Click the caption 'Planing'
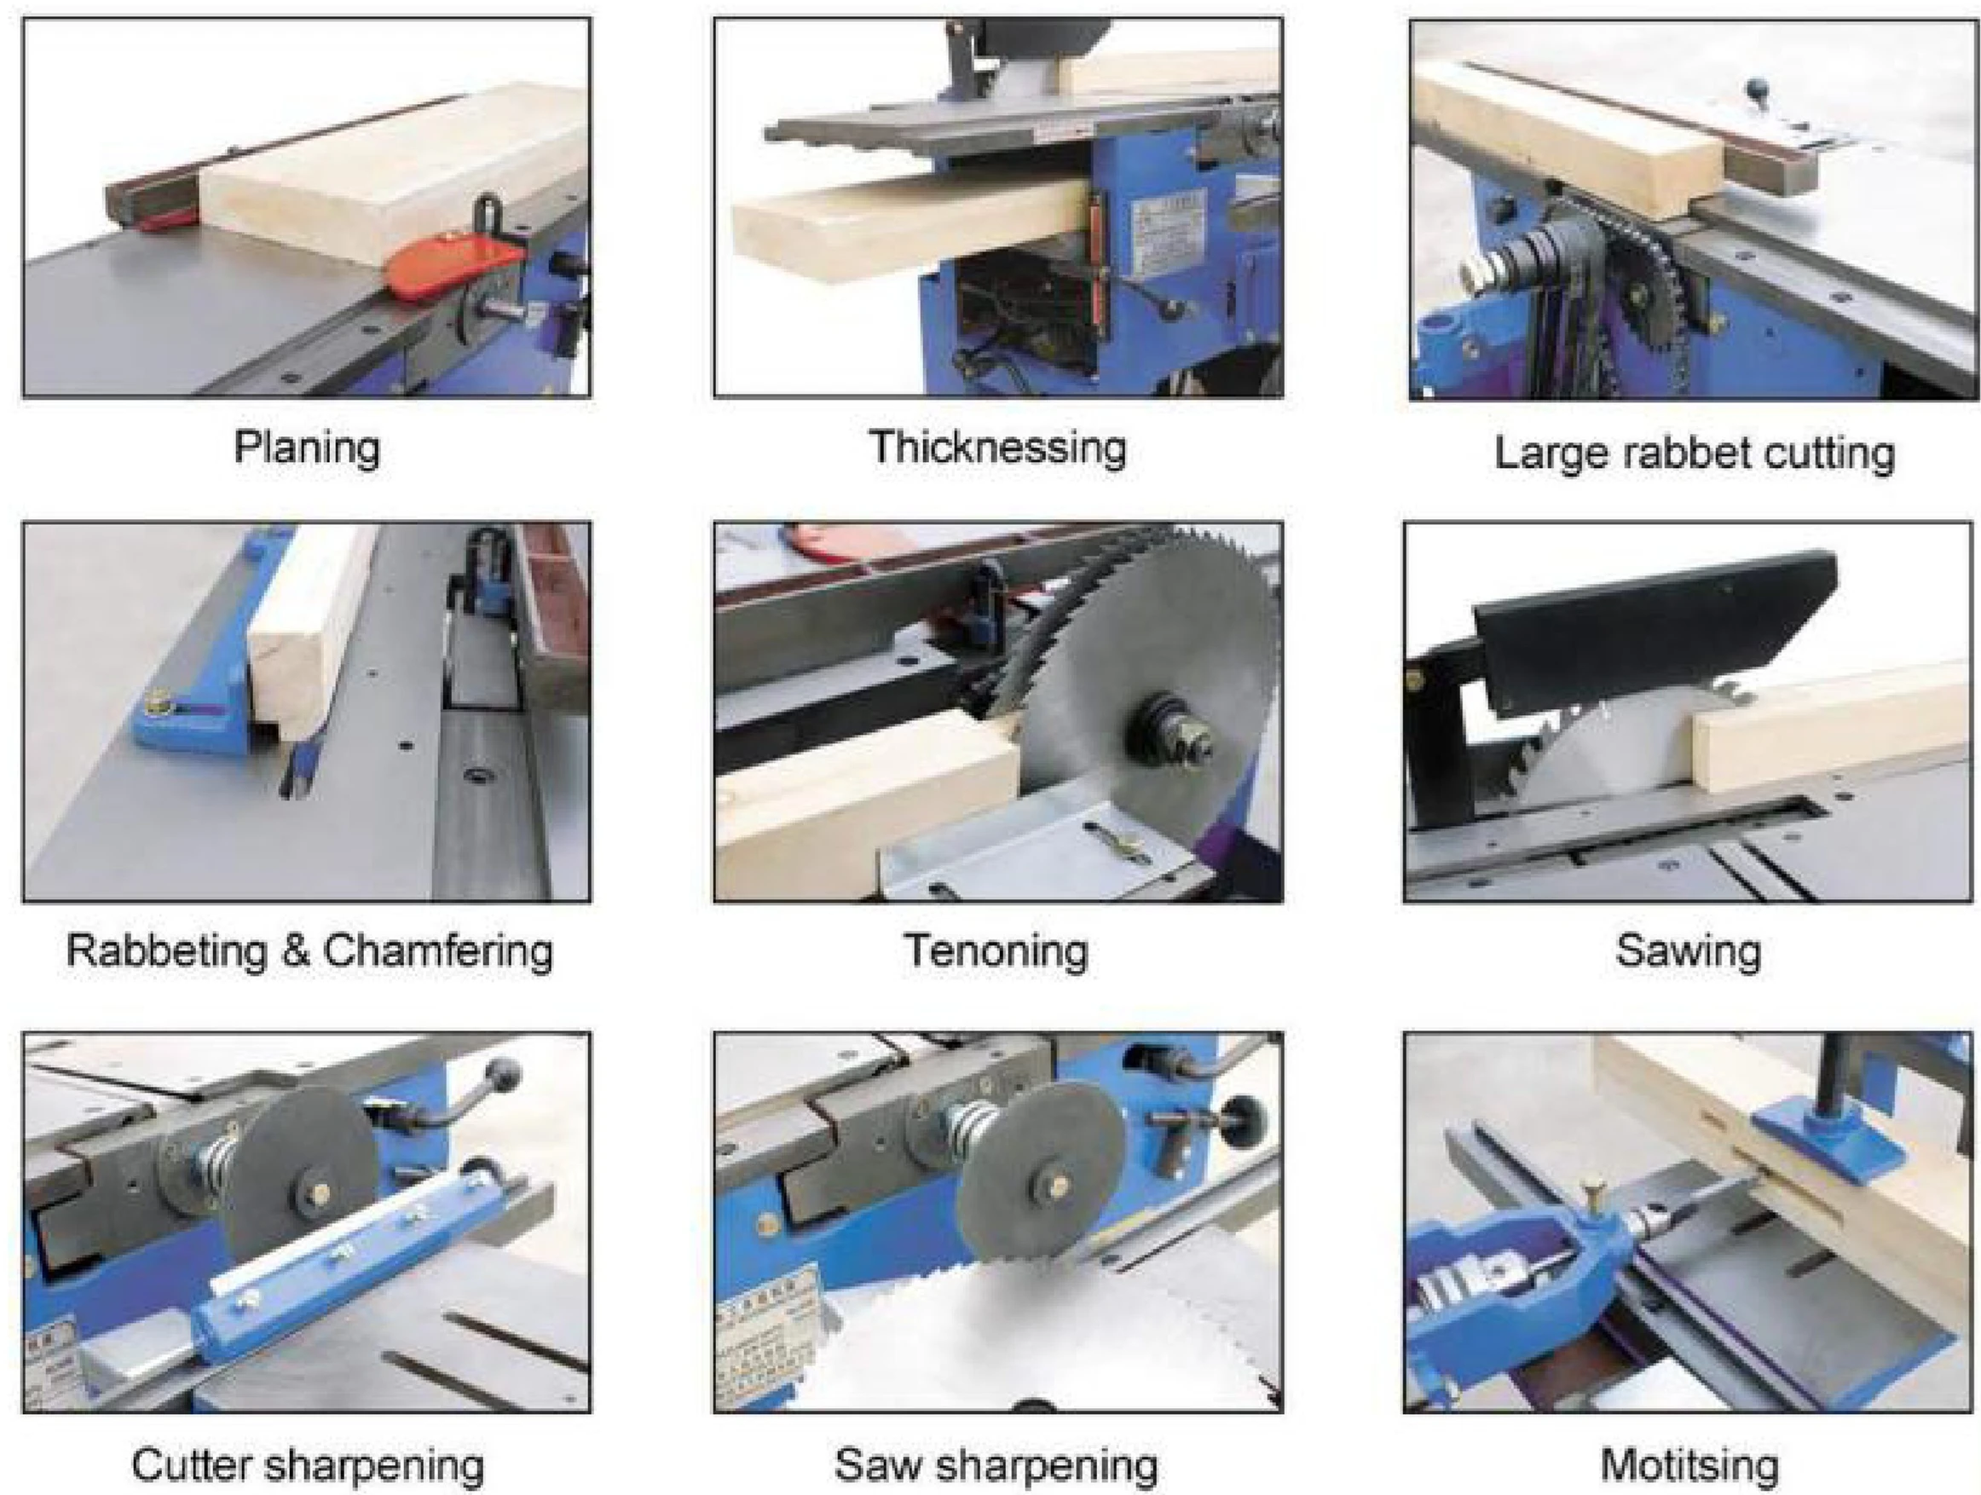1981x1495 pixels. pos(306,447)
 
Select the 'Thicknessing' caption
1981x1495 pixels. pos(997,447)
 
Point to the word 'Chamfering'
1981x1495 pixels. pos(438,950)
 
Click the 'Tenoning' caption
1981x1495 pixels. pos(996,950)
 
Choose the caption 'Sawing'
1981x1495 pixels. pos(1688,950)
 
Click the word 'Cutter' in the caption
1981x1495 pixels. pos(192,1465)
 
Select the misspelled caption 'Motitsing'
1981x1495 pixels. pos(1689,1465)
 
